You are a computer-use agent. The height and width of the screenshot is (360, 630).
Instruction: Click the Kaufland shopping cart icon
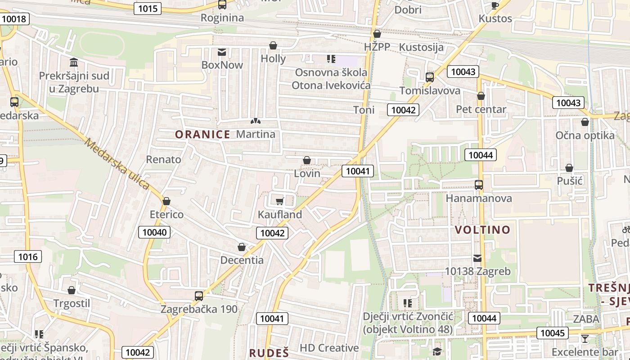(279, 201)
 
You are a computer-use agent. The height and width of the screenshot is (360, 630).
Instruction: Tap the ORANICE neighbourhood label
(202, 134)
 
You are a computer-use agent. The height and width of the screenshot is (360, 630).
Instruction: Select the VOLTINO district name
(482, 230)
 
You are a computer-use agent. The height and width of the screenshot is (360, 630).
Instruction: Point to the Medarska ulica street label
(117, 164)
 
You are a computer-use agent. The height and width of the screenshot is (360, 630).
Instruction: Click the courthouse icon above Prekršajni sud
(74, 62)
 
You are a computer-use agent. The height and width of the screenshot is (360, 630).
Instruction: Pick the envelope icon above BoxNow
(222, 52)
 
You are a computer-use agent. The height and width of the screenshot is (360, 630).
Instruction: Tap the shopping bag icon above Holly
(273, 45)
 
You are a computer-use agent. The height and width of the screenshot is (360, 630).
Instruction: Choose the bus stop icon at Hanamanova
(478, 184)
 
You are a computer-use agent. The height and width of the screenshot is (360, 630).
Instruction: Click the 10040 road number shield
(154, 232)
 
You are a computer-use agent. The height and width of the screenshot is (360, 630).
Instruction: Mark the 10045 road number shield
(552, 333)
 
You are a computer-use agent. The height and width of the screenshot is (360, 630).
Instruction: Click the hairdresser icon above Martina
(255, 121)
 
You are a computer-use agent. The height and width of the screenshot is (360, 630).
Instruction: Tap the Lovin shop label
(307, 173)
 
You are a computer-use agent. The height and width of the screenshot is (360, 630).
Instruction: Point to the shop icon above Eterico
(166, 201)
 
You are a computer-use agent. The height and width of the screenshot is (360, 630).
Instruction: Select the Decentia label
(242, 260)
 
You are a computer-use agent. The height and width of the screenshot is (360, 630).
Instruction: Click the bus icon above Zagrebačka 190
(198, 296)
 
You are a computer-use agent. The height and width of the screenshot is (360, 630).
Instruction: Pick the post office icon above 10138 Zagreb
(477, 258)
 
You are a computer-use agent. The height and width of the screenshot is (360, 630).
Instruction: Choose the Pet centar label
(481, 109)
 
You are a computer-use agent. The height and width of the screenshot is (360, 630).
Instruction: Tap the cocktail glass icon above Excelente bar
(585, 339)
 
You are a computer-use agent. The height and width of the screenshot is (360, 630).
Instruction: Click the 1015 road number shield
(148, 8)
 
